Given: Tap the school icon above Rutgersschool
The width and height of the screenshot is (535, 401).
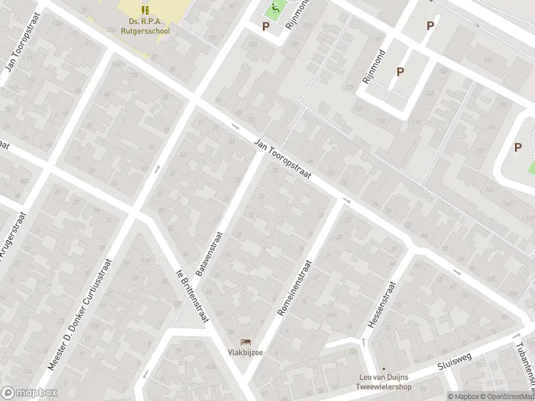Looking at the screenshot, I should click(145, 9).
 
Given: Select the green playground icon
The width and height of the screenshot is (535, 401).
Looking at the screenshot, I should click(274, 9).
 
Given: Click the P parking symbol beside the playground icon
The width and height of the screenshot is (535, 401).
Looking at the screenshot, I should click(265, 27).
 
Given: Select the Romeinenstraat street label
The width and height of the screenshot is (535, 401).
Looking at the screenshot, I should click(294, 288).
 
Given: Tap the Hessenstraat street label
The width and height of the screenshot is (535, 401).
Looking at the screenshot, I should click(381, 305).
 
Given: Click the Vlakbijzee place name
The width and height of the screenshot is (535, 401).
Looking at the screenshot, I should click(244, 353).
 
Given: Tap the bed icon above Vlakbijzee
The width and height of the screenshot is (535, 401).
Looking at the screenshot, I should click(245, 342).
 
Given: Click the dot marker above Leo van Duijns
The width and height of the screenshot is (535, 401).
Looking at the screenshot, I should click(384, 368).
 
